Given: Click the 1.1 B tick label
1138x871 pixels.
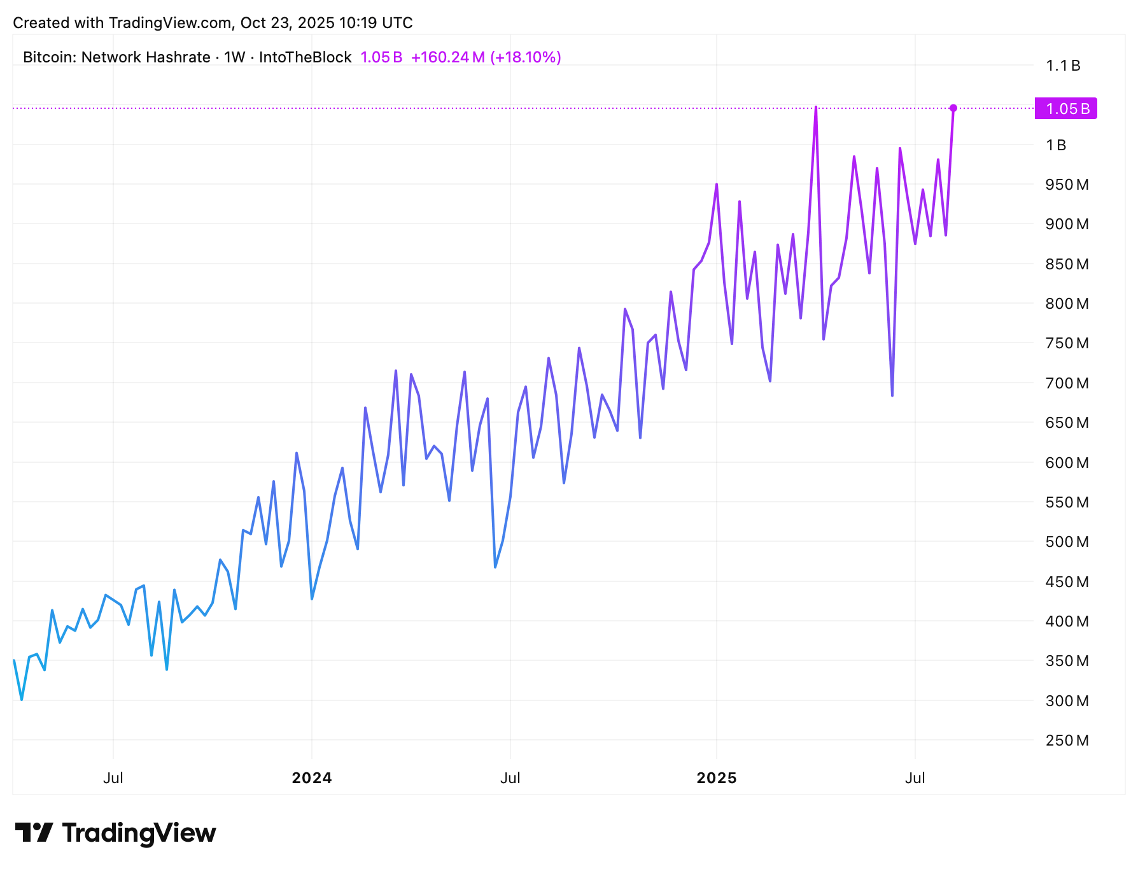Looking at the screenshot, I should (x=1063, y=66).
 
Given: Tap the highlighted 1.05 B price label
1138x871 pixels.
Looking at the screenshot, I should (x=1067, y=109).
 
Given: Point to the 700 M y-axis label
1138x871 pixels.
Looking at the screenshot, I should (x=1067, y=383).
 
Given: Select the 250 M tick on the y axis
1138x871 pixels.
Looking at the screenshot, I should (x=1067, y=740).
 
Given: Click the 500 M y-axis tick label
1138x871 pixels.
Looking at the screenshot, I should (x=1067, y=542).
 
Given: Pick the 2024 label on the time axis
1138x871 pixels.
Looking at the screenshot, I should (x=311, y=778).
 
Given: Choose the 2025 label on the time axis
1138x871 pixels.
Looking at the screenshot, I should (x=716, y=778).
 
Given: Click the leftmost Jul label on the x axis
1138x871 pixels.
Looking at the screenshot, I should (x=113, y=778).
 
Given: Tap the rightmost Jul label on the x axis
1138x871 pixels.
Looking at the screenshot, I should (x=915, y=778).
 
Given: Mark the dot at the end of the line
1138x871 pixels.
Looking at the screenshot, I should (x=953, y=108).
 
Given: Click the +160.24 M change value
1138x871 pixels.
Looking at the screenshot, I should (x=447, y=57).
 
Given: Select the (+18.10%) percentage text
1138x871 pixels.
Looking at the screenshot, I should (x=525, y=57).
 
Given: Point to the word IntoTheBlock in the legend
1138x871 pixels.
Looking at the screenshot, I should (x=305, y=57).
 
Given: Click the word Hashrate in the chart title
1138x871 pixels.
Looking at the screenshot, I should (x=178, y=57).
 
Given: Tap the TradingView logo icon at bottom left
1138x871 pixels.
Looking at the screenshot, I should (x=34, y=833).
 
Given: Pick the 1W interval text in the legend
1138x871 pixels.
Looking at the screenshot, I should (x=234, y=57).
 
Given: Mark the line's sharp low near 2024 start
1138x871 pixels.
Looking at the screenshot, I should (x=312, y=598).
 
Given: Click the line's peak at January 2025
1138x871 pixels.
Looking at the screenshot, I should (x=717, y=185).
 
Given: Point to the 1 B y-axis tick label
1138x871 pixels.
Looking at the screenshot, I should (x=1056, y=145).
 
